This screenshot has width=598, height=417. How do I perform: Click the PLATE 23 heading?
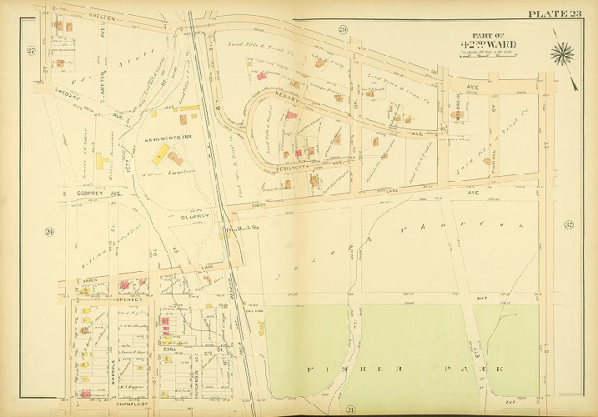[x=555, y=12]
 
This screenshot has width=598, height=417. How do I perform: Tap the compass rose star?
[x=563, y=56]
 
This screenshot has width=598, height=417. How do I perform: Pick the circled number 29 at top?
[x=343, y=30]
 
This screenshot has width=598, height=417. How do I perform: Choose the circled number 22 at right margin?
[x=569, y=224]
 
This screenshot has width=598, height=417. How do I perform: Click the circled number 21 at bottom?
[x=351, y=408]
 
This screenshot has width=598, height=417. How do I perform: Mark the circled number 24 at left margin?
[x=49, y=231]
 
